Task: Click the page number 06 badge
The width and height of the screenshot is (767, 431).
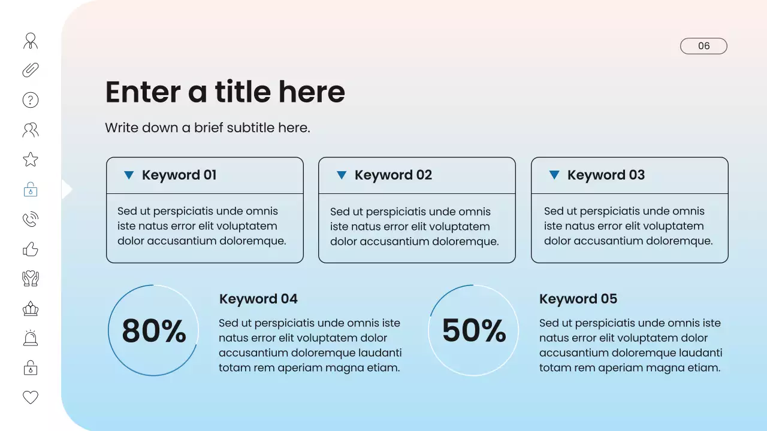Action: tap(703, 46)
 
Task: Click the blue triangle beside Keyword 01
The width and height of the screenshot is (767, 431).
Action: tap(129, 175)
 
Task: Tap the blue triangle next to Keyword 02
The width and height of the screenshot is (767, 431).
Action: tap(342, 175)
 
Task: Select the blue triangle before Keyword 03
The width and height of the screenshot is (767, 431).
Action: tap(554, 175)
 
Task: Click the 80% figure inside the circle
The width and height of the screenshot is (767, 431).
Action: tap(153, 330)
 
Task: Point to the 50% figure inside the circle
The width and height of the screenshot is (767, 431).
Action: tap(474, 330)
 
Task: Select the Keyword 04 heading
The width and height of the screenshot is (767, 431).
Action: tap(258, 299)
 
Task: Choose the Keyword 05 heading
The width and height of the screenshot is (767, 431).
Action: tap(578, 299)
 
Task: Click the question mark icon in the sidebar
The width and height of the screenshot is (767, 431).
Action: tap(31, 100)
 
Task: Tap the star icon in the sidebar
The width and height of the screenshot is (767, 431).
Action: tap(31, 159)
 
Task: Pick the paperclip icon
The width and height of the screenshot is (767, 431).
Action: tap(31, 70)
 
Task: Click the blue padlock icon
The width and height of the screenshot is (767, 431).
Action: tap(31, 190)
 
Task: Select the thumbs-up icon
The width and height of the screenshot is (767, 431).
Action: tap(31, 249)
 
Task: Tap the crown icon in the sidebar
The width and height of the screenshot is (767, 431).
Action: tap(31, 309)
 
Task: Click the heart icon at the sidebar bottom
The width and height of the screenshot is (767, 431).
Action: tap(31, 397)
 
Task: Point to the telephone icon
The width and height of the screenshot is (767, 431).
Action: tap(31, 220)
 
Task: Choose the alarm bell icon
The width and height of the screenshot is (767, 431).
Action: tap(31, 338)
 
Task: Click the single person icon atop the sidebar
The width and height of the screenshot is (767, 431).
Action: tap(31, 41)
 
